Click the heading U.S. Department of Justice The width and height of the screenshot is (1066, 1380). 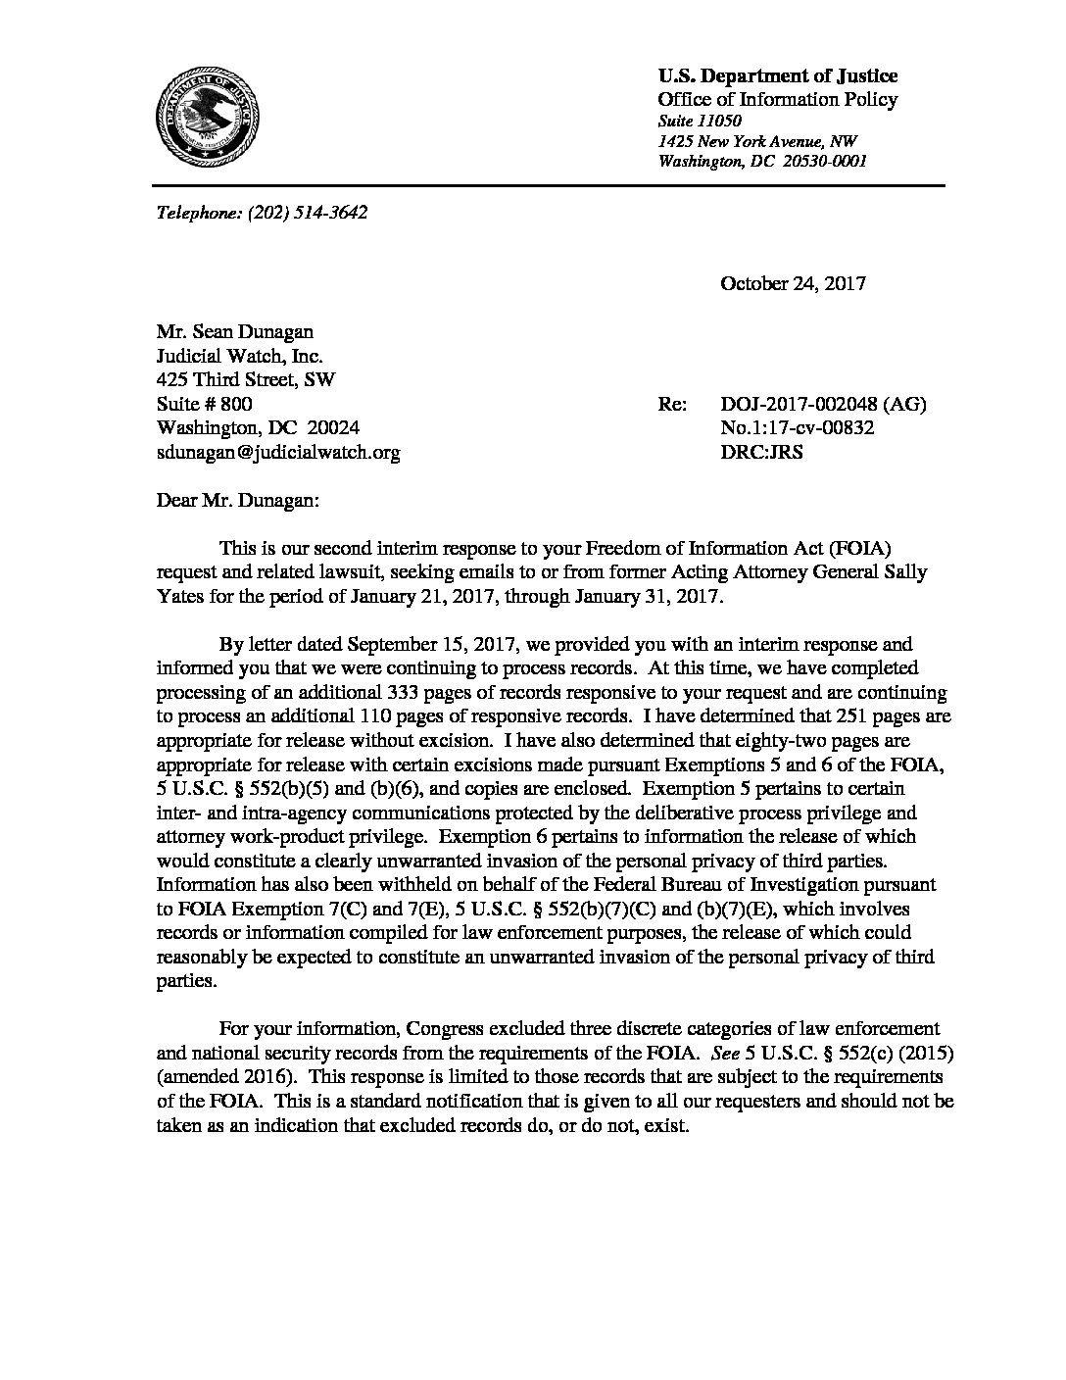[777, 76]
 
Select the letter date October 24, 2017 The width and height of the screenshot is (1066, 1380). [793, 284]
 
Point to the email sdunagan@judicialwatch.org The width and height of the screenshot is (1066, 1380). [278, 453]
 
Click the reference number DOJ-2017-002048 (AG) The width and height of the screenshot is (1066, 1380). [823, 405]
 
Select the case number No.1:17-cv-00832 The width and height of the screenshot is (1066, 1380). [798, 428]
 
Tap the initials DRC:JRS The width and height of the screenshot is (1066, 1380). [761, 453]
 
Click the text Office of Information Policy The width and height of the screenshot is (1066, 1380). [777, 99]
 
